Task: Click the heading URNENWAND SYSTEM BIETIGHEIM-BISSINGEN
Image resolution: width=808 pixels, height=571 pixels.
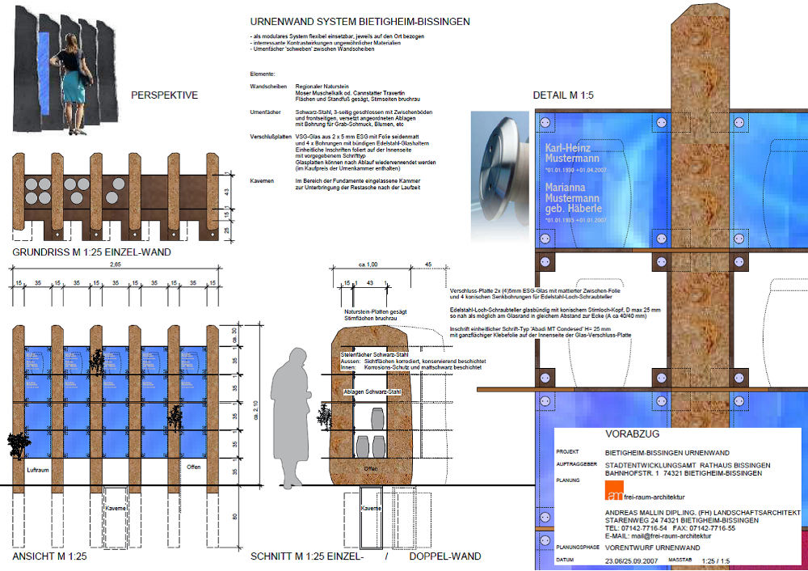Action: [360, 22]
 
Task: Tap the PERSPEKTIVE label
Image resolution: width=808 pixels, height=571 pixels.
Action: [164, 95]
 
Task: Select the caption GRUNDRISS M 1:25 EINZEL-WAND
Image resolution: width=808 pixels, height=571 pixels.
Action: [91, 252]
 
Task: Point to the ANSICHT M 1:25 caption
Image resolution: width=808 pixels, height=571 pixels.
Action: [49, 556]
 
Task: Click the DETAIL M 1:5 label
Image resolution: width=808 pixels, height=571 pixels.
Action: [563, 96]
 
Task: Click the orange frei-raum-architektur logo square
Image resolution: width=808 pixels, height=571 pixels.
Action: [613, 490]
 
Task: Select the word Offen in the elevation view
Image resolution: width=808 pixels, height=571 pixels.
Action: [194, 467]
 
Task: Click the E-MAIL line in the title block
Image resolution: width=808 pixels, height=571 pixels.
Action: [658, 536]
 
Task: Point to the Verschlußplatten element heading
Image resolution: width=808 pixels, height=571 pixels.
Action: [271, 137]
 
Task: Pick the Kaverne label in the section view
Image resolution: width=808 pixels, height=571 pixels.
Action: [371, 508]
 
